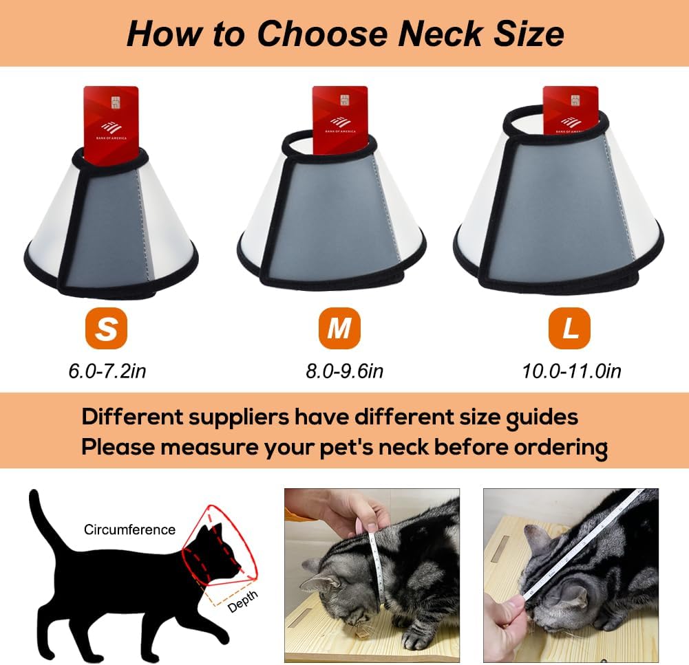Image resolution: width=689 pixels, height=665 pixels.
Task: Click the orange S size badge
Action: pyautogui.click(x=106, y=328)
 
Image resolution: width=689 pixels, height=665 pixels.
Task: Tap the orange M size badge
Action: pyautogui.click(x=339, y=328)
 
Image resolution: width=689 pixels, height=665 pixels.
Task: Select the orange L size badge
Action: pyautogui.click(x=569, y=328)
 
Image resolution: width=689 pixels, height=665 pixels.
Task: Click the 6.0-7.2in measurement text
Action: pyautogui.click(x=107, y=371)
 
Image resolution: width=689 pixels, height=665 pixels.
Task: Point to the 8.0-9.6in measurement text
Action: pyautogui.click(x=344, y=371)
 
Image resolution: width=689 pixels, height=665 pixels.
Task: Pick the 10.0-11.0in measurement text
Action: pyautogui.click(x=572, y=371)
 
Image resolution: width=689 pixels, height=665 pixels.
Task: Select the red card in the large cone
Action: pyautogui.click(x=571, y=110)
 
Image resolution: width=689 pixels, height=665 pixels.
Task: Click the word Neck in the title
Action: pyautogui.click(x=440, y=34)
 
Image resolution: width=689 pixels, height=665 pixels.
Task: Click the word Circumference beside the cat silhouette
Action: pyautogui.click(x=129, y=530)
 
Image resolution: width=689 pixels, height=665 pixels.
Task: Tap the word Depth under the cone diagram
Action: pyautogui.click(x=242, y=601)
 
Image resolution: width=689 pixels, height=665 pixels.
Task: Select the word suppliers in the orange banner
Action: pyautogui.click(x=239, y=417)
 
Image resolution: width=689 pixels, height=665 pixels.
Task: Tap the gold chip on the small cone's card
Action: pyautogui.click(x=116, y=102)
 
